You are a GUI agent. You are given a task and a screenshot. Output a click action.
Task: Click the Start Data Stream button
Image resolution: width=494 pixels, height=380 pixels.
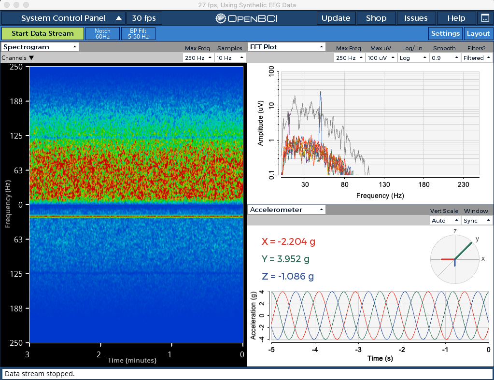[42, 33]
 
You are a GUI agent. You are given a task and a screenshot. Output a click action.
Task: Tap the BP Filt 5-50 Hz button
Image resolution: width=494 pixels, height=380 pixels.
[138, 33]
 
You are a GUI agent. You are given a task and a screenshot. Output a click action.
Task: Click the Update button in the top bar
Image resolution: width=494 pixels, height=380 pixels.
[336, 18]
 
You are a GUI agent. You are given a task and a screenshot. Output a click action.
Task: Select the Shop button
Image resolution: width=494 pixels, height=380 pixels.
[376, 18]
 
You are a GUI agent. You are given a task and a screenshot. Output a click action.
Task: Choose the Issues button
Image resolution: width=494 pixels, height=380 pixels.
[416, 18]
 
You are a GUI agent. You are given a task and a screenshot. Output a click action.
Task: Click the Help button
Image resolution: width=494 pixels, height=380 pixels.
[456, 18]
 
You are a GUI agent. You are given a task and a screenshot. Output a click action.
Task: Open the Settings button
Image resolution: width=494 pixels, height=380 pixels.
[445, 33]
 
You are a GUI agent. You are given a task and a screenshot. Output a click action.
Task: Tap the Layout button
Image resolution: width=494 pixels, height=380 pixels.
[478, 33]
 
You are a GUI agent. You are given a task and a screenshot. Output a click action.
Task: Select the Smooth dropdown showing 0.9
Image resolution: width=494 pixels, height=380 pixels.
[444, 58]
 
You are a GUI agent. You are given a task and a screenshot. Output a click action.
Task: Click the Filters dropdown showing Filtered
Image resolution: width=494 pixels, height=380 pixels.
[476, 58]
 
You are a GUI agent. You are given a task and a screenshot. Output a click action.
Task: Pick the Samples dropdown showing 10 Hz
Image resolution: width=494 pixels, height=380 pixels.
[230, 58]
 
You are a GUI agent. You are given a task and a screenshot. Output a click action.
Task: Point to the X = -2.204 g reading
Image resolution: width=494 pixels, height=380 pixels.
[288, 242]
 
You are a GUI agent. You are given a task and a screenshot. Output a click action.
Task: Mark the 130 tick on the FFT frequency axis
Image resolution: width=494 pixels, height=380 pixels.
[384, 184]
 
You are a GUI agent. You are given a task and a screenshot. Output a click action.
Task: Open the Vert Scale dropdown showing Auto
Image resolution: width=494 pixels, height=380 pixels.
[444, 221]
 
